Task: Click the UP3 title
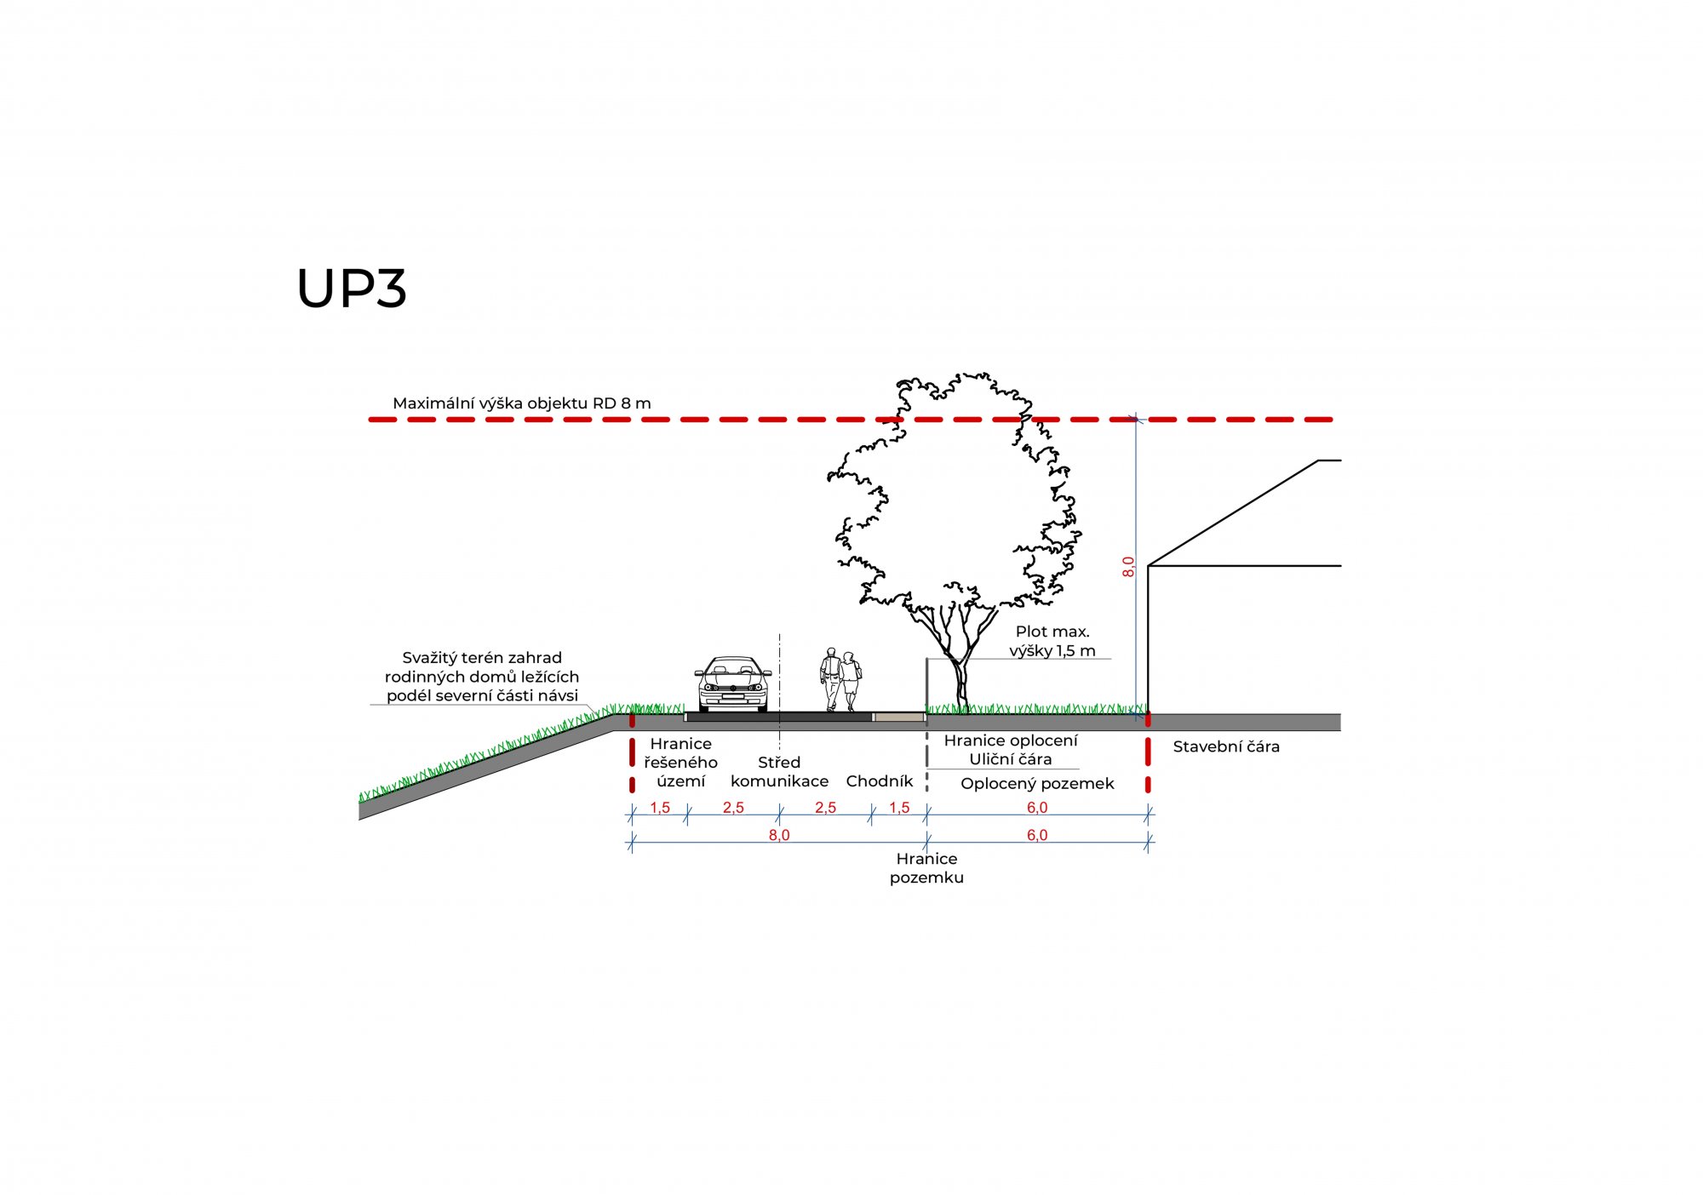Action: pyautogui.click(x=352, y=289)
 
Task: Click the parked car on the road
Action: pyautogui.click(x=733, y=683)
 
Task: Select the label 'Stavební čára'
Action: pyautogui.click(x=1226, y=746)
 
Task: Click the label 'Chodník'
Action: pyautogui.click(x=880, y=781)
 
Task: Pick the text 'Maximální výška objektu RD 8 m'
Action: pyautogui.click(x=522, y=403)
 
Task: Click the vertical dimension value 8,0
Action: pyautogui.click(x=1128, y=567)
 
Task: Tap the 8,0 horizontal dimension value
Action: pyautogui.click(x=779, y=835)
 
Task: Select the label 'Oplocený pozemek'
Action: pyautogui.click(x=1037, y=784)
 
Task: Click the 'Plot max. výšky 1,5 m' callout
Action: pyautogui.click(x=1052, y=641)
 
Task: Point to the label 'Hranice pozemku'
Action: pyautogui.click(x=926, y=868)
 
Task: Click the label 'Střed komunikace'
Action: pyautogui.click(x=779, y=772)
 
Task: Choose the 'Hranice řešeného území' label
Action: pyautogui.click(x=680, y=763)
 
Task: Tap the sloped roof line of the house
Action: pyautogui.click(x=1233, y=513)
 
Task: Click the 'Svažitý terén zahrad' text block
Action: pyautogui.click(x=482, y=677)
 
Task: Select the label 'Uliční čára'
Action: pyautogui.click(x=1011, y=759)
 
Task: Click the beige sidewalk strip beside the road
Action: pyautogui.click(x=899, y=718)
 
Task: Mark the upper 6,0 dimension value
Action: pyautogui.click(x=1037, y=808)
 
